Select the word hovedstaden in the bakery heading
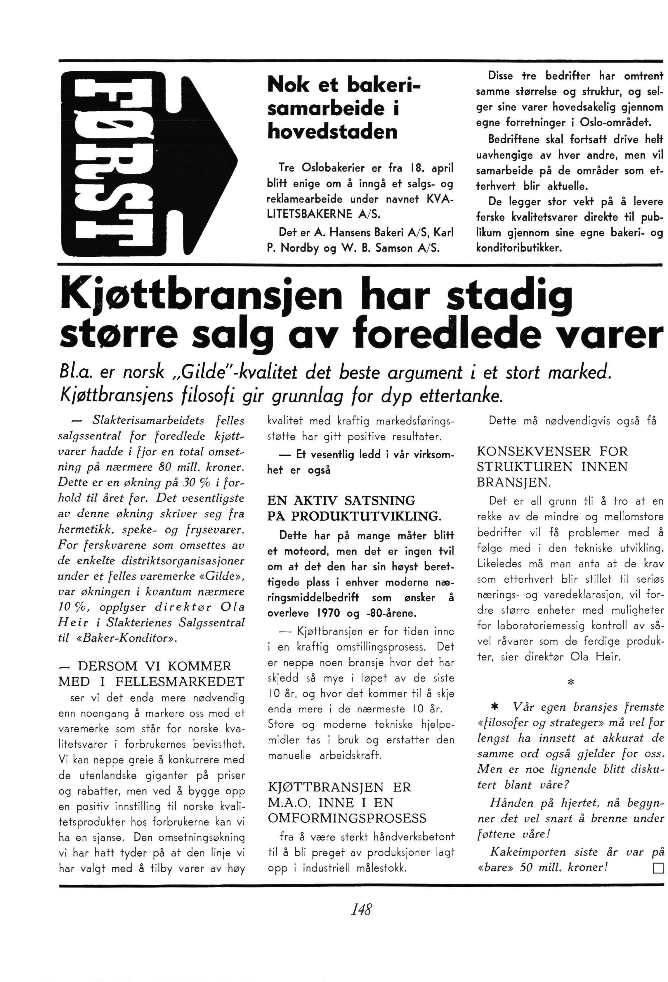332,132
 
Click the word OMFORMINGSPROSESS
347,819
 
